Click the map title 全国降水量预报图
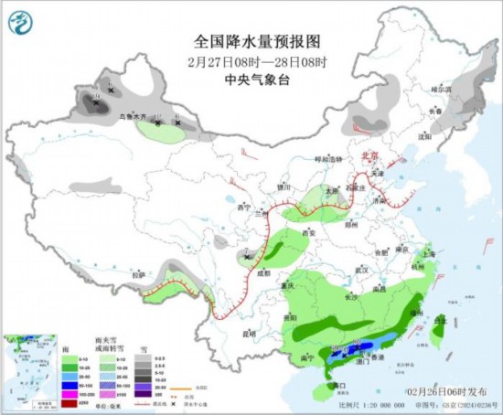251,41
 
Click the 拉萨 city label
138,273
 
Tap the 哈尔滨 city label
442,89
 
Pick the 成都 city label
263,271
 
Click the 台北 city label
442,319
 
